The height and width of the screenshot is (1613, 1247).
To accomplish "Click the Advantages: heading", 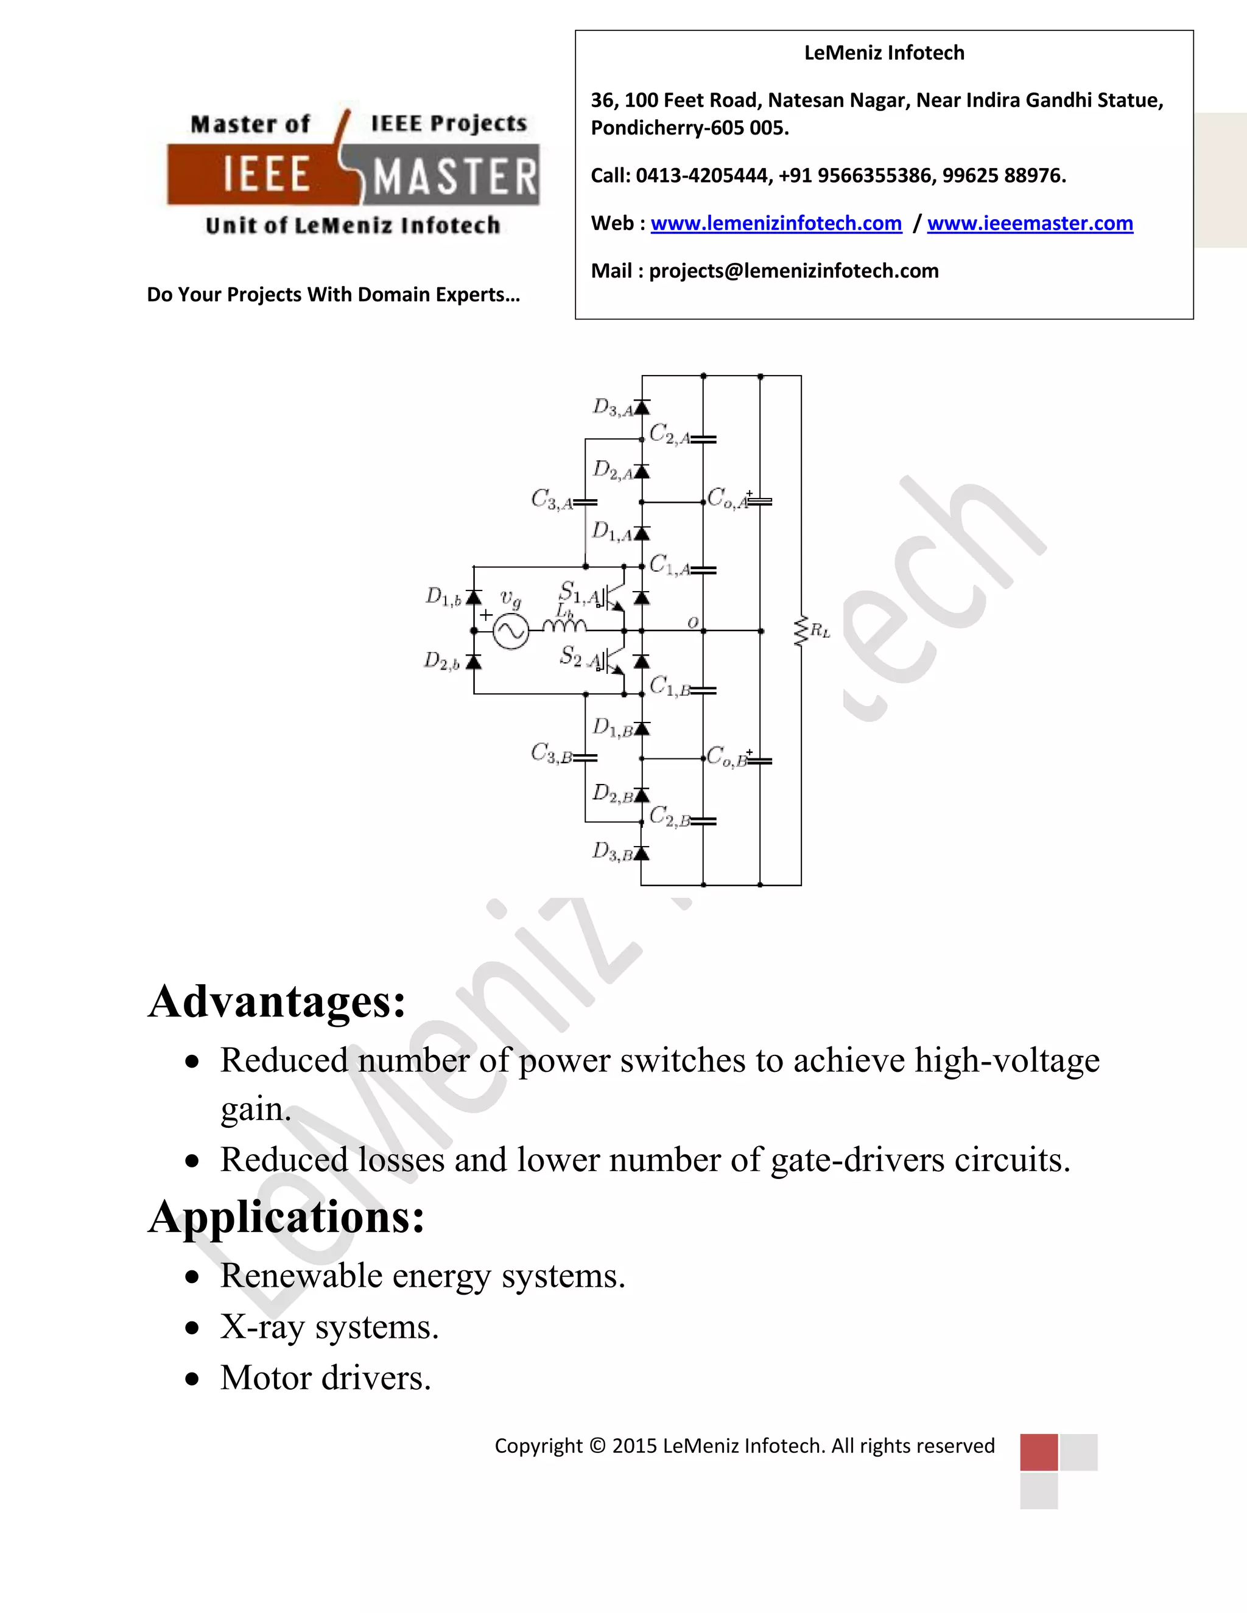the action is coord(277,1002).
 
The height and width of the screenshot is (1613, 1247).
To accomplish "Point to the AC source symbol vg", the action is coord(510,631).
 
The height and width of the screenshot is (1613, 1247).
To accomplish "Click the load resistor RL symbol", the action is coord(801,631).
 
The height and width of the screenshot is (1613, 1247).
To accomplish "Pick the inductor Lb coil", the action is coord(564,626).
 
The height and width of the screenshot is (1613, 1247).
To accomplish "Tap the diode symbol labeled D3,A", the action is coord(641,408).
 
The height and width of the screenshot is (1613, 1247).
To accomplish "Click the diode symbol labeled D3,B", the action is coord(641,854).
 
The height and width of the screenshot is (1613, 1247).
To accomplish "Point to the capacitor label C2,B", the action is coord(669,817).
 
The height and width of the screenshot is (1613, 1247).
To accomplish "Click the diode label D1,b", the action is coord(443,597).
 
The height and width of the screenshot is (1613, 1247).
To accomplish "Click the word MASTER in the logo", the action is coord(455,178).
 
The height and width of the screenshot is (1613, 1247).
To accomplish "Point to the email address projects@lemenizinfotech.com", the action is coord(793,271).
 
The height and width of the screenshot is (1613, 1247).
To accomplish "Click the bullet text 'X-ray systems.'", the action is coord(329,1327).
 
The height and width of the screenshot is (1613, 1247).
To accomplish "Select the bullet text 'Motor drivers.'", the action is coord(325,1378).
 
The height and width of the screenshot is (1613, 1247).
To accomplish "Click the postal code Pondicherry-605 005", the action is coord(689,128).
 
